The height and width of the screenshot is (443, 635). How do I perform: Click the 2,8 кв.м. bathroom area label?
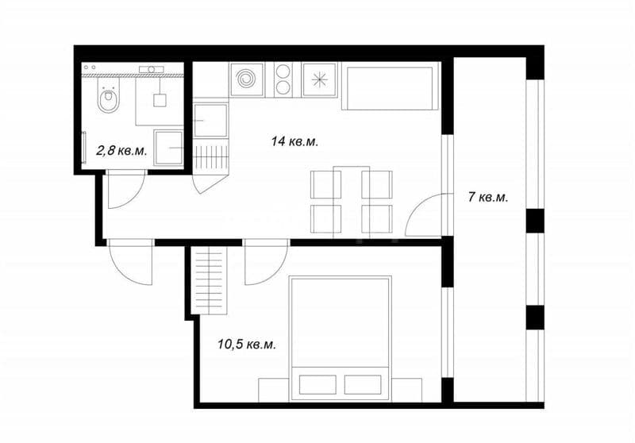coord(121,151)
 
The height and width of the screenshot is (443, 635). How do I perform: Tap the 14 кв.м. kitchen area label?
coord(294,142)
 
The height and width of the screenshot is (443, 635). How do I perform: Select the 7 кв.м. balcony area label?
coord(488,198)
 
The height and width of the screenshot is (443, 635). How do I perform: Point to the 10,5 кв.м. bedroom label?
coord(247,345)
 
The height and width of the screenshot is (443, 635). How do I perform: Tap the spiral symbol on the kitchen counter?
coord(246,79)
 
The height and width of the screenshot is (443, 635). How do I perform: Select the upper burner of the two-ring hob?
coord(283,71)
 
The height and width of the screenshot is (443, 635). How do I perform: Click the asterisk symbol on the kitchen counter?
coord(320,79)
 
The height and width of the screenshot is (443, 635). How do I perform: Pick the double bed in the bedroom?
coord(341,338)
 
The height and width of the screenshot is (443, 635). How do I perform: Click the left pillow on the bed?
coord(317,385)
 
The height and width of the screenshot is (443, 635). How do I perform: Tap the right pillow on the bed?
coord(364,385)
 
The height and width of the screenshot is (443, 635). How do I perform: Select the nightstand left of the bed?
coord(274,390)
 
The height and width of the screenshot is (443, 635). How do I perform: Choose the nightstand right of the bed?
coord(406,390)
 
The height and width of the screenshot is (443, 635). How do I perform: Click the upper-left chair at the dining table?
coord(325,185)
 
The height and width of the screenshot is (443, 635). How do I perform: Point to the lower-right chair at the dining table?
coord(376,218)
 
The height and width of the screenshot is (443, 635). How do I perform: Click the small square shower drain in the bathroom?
coord(160,100)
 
